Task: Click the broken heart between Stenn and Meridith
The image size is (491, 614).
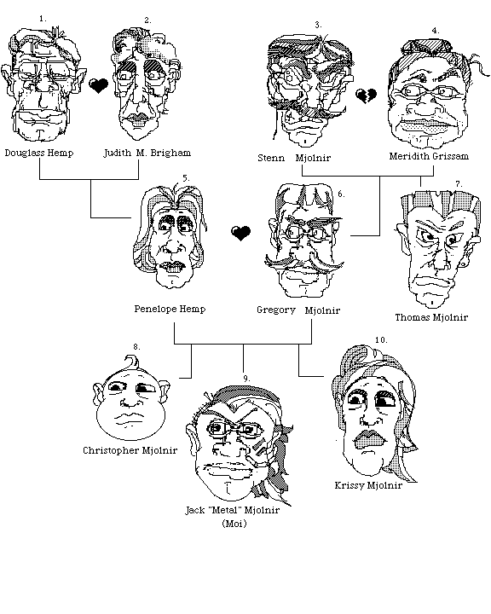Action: coord(366,96)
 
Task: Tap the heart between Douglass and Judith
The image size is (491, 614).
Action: coord(98,85)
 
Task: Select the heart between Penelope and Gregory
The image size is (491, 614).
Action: coord(240,233)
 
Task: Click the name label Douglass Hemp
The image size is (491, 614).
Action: coord(39,153)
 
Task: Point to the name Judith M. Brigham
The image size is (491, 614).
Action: coord(147,153)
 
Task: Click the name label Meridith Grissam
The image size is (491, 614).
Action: coord(429,156)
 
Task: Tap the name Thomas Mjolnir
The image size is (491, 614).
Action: coord(431,317)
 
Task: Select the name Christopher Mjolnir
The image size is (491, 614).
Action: coord(130,450)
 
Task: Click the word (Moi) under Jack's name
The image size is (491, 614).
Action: coord(234,524)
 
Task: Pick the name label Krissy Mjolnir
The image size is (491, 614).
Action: coord(368,485)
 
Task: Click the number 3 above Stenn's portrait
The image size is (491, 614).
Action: coord(318,25)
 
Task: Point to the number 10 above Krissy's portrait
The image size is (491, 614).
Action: coord(381,339)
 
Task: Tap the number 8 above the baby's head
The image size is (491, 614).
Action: coord(136,346)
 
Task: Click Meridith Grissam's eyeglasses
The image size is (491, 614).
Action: coord(428,91)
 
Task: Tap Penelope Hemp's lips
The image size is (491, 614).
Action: coord(172,267)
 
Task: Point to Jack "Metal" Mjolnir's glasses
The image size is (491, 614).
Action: coord(234,430)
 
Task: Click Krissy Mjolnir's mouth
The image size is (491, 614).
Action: coord(369,440)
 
